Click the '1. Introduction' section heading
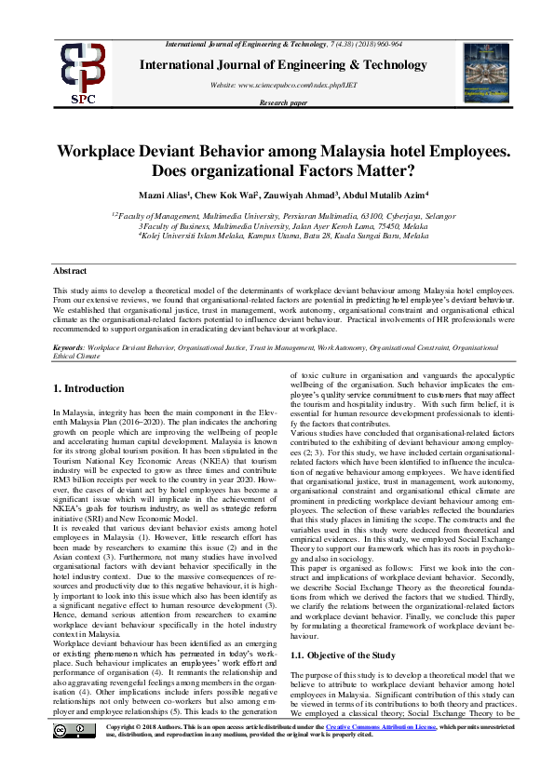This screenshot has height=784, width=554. click(88, 388)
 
